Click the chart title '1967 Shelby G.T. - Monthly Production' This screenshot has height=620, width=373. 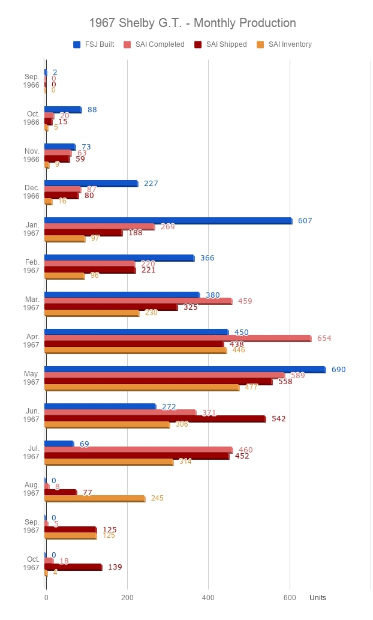click(192, 23)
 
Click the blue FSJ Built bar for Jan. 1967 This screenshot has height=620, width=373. click(168, 221)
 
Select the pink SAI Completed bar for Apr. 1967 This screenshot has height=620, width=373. click(178, 339)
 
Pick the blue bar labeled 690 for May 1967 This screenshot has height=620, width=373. click(185, 370)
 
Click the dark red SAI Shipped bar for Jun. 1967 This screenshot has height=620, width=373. click(155, 419)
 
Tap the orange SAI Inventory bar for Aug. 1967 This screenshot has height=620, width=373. click(95, 498)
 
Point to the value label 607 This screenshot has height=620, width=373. click(305, 221)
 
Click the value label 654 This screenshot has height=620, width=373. click(324, 339)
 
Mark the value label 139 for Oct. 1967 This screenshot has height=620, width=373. click(115, 567)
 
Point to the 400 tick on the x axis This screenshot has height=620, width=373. click(208, 598)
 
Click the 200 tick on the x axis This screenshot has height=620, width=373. click(127, 598)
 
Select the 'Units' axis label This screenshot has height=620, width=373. click(318, 598)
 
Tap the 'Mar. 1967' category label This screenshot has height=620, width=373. click(31, 304)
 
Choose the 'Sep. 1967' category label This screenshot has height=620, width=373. click(31, 526)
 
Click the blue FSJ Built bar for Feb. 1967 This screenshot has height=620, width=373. click(119, 258)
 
